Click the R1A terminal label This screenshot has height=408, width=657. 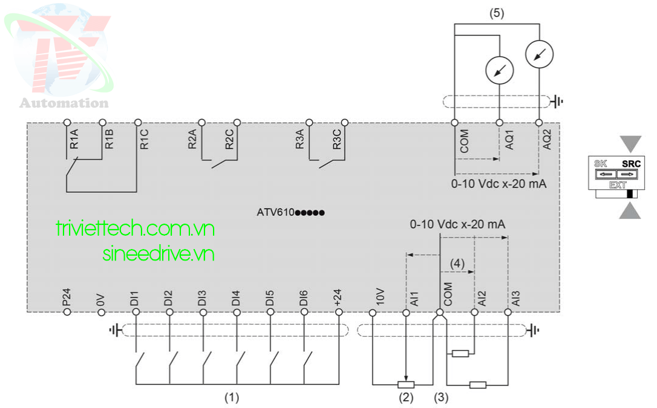point(74,140)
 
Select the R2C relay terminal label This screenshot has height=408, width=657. point(229,140)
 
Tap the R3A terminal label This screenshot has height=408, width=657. point(300,140)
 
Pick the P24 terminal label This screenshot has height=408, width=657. point(67,297)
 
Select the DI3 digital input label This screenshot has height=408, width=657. point(203,297)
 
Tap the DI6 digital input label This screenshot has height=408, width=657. point(304,297)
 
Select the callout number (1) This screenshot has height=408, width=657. point(231,398)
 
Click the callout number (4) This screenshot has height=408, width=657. point(458,264)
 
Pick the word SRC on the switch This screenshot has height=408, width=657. point(630,164)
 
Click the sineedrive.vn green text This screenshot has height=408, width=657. point(159,254)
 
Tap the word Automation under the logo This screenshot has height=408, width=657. point(64,103)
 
